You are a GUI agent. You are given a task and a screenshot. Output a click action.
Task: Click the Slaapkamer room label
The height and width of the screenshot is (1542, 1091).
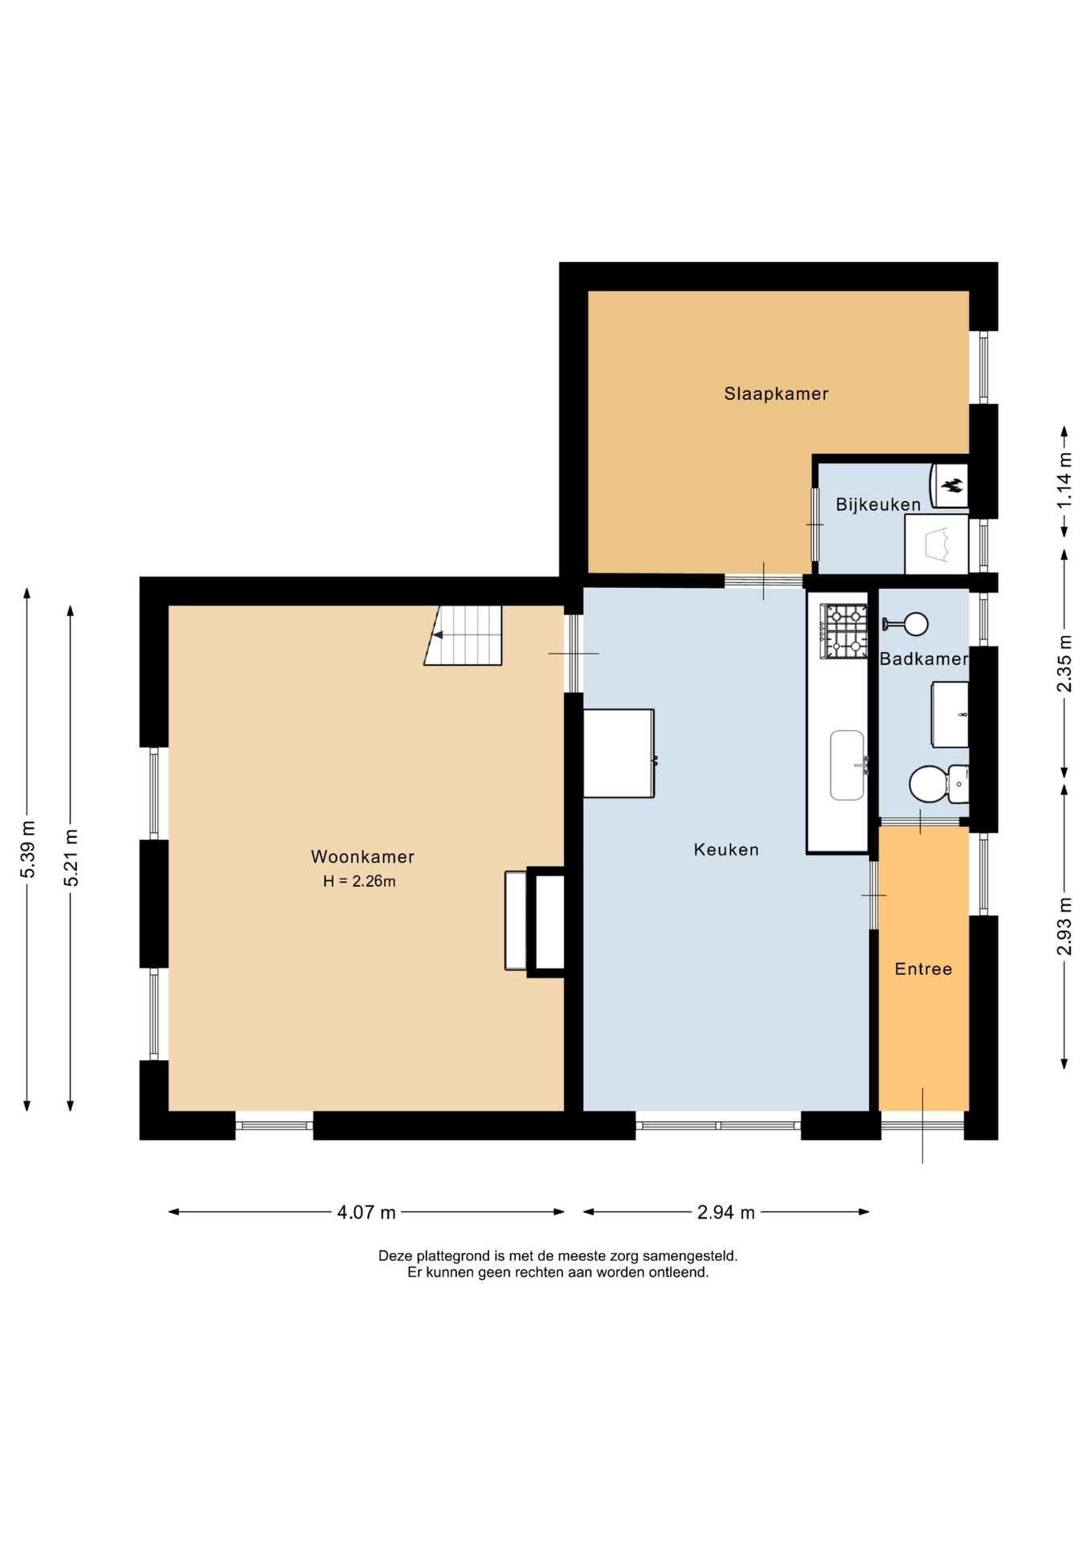776,394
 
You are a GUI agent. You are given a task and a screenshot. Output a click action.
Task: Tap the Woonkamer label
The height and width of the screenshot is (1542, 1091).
362,857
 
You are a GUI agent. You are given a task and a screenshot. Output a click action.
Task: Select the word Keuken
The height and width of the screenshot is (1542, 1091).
726,850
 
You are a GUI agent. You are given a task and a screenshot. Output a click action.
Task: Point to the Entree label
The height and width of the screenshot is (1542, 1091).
923,969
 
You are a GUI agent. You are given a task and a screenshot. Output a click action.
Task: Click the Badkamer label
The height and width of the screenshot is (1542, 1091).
924,659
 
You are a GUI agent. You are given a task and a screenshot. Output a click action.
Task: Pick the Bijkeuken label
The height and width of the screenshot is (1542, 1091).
878,505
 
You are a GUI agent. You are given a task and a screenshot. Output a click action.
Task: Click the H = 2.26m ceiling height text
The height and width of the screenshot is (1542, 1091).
359,881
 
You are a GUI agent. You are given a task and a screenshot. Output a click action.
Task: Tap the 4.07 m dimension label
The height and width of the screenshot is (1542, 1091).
366,1213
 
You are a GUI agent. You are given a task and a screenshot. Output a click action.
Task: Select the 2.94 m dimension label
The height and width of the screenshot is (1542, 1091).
726,1213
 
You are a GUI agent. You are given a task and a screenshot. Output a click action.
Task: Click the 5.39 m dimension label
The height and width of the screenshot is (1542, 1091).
28,849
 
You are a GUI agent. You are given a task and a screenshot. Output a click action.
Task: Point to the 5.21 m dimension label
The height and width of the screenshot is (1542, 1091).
72,857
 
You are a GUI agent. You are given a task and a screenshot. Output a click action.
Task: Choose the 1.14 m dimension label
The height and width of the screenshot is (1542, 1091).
1064,480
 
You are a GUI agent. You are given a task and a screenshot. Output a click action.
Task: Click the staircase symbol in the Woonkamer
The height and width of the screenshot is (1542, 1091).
464,635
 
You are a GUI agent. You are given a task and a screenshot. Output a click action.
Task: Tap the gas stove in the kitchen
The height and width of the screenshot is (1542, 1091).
844,631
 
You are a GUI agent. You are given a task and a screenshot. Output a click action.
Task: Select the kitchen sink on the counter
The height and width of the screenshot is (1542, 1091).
848,765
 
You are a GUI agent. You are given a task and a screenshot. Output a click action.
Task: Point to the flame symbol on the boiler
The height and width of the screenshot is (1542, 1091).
953,484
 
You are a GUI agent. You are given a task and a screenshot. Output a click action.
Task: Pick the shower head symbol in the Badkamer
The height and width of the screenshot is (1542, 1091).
905,624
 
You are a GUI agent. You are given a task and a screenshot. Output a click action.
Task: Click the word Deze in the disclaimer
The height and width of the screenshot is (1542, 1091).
394,1255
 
